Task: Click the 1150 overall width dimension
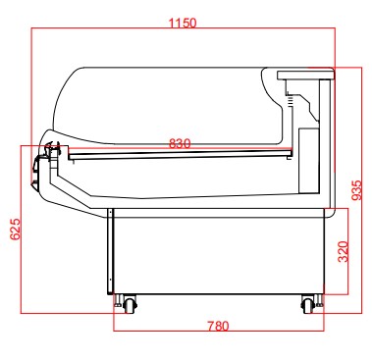click(x=183, y=23)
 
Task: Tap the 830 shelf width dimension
click(x=180, y=143)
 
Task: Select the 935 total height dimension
click(x=357, y=190)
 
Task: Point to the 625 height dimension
click(x=16, y=229)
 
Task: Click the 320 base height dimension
click(x=344, y=251)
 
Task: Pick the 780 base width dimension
click(x=218, y=326)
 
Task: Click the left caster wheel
click(x=130, y=305)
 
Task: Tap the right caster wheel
click(x=308, y=305)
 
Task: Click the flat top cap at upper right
click(x=306, y=76)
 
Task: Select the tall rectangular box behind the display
click(x=309, y=160)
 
